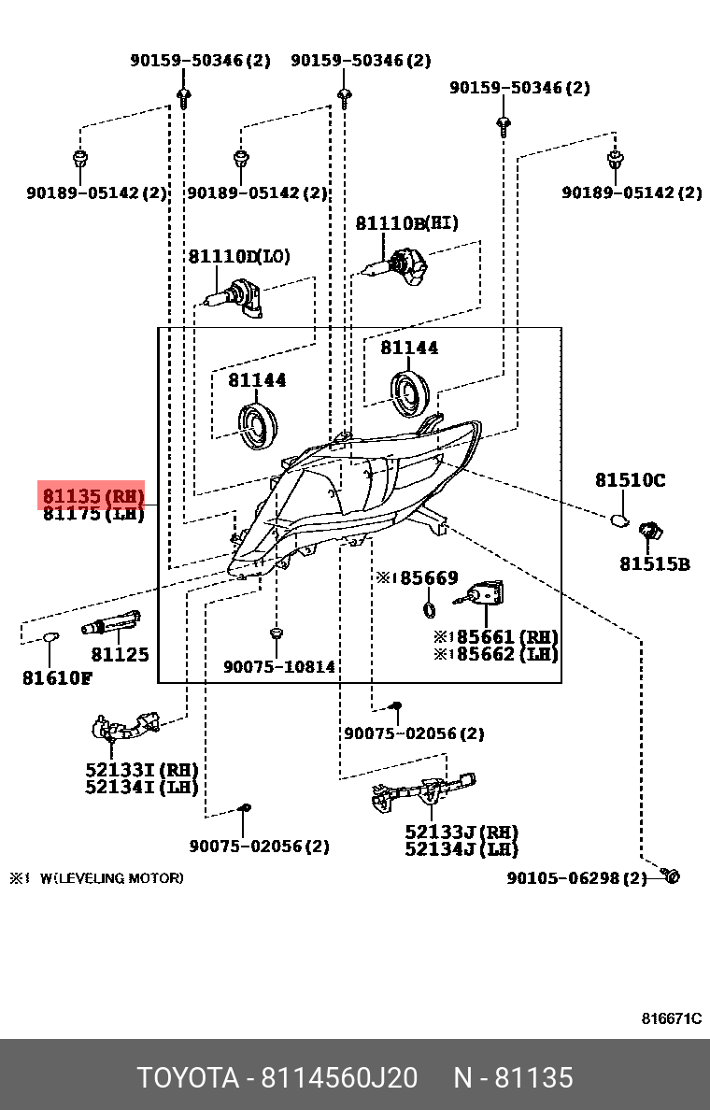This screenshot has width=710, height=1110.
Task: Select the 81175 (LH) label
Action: (92, 514)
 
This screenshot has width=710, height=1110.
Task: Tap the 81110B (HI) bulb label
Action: (406, 223)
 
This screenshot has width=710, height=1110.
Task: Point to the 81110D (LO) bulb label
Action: (240, 256)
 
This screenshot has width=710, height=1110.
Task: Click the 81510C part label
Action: (630, 480)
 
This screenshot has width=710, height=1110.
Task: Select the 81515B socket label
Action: (654, 563)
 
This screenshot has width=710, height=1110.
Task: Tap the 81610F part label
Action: (56, 677)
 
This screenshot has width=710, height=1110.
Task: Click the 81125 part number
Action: (120, 655)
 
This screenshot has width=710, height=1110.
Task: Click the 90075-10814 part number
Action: (278, 667)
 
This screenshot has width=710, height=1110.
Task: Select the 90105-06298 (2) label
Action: (576, 878)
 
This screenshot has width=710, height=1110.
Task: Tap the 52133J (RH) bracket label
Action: (461, 832)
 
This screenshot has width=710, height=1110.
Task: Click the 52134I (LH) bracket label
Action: (141, 787)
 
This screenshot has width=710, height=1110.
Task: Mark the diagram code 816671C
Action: (671, 1018)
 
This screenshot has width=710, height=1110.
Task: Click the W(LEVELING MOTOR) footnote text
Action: (111, 878)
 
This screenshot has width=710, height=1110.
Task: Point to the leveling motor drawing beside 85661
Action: (486, 593)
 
